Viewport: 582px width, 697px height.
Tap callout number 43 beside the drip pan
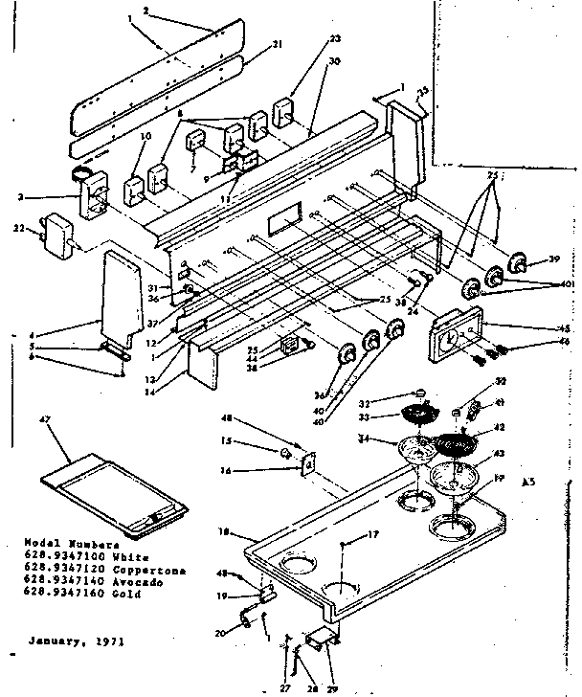click(499, 454)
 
